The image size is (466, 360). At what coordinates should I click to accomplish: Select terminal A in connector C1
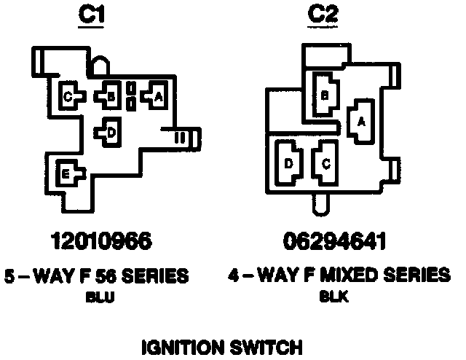157,94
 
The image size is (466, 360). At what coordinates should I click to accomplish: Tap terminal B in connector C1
110,95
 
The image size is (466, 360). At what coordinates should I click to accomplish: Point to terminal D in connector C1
111,132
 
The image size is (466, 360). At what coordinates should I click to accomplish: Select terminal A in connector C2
360,122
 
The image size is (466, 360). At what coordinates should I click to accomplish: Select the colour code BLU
98,297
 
